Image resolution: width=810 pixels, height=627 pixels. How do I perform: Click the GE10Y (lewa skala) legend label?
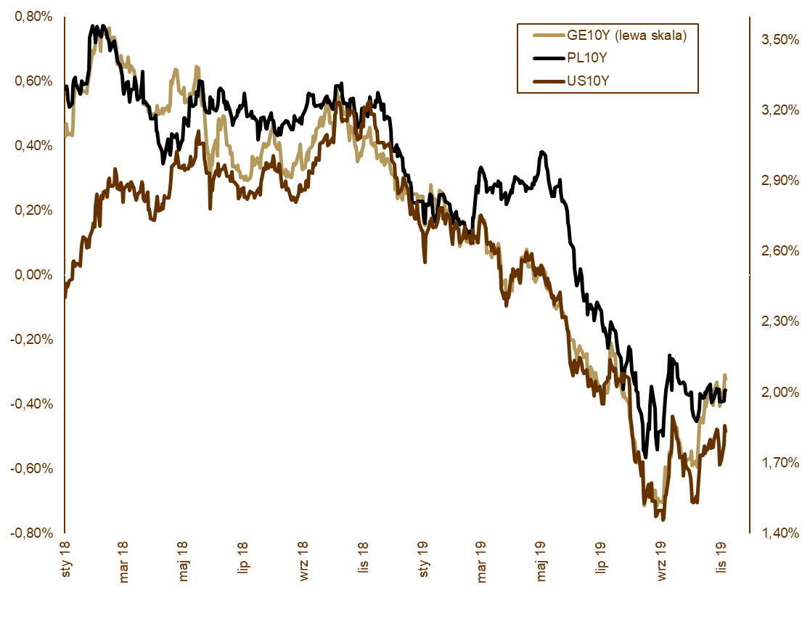(626, 35)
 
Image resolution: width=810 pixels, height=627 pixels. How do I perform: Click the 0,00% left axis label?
(33, 275)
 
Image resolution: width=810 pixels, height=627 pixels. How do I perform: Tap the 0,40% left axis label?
(33, 146)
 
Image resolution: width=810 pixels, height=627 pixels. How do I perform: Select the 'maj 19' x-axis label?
(541, 561)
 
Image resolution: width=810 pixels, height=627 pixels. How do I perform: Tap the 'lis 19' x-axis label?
(721, 560)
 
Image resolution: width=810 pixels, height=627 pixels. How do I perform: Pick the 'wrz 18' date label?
(303, 561)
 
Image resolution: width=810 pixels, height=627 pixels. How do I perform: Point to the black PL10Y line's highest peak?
(94, 26)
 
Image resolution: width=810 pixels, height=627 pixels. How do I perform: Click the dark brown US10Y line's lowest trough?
(663, 519)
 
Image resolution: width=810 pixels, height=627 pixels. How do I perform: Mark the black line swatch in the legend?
(549, 58)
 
